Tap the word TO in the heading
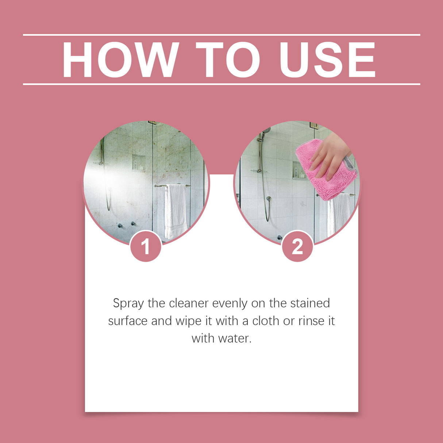click(x=228, y=60)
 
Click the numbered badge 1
click(x=146, y=247)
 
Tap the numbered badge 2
click(x=297, y=247)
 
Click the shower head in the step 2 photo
click(x=266, y=130)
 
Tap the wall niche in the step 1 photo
click(x=139, y=162)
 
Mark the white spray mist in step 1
click(x=106, y=179)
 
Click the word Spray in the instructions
click(x=128, y=304)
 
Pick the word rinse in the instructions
click(x=311, y=321)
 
